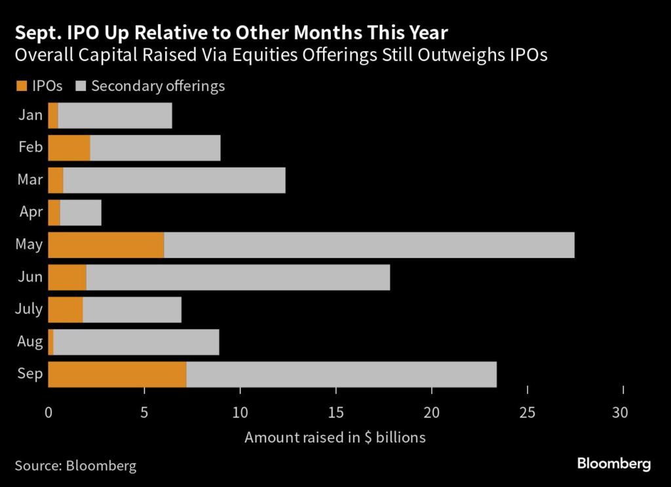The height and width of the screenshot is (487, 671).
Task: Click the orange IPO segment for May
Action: click(x=106, y=245)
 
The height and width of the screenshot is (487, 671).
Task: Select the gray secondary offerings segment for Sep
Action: click(x=341, y=374)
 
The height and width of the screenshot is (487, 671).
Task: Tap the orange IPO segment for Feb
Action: click(x=69, y=148)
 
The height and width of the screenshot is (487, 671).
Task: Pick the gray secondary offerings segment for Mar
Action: click(x=174, y=180)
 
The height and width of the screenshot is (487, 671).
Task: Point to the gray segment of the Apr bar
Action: click(x=81, y=213)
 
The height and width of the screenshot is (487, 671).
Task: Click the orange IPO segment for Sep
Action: click(x=117, y=374)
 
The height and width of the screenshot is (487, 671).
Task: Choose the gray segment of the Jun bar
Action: click(x=238, y=277)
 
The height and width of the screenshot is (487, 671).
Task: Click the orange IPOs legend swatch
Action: click(x=20, y=86)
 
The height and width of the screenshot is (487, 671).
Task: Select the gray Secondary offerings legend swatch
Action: click(x=81, y=86)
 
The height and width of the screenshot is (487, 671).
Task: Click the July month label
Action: click(x=28, y=309)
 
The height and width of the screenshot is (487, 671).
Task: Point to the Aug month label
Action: click(x=30, y=342)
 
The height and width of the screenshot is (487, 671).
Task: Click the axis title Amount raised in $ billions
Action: click(x=335, y=437)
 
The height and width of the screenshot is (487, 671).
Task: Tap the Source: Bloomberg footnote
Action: click(x=75, y=465)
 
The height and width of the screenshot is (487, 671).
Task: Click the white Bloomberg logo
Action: click(x=614, y=464)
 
